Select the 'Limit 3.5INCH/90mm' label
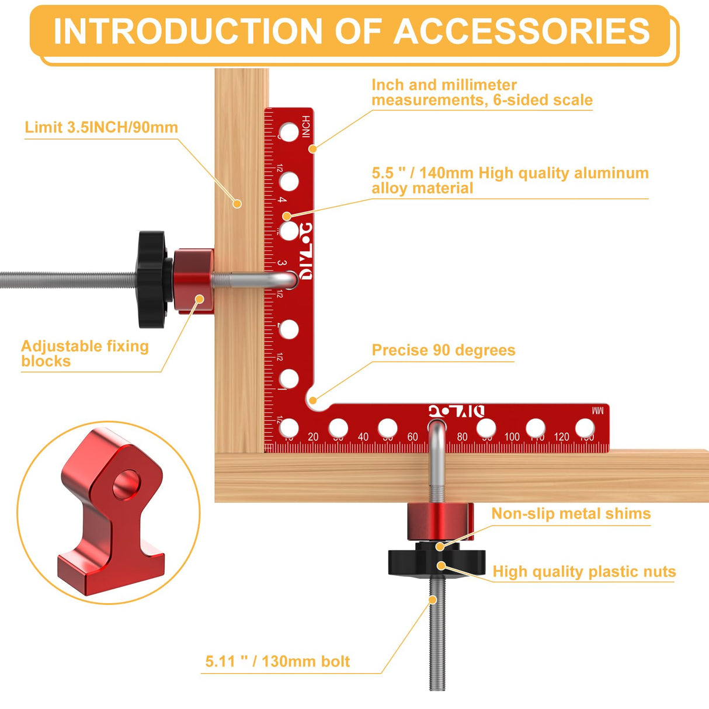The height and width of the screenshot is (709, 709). point(101,128)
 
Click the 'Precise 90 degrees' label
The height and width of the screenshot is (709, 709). point(443,350)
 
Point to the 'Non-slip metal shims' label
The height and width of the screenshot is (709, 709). point(571,514)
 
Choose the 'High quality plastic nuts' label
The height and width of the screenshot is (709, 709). point(584,572)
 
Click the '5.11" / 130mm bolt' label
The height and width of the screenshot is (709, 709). point(277,662)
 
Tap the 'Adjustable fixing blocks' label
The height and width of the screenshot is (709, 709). point(85,353)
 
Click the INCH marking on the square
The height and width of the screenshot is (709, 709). point(306,127)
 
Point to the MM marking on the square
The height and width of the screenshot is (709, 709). point(597,411)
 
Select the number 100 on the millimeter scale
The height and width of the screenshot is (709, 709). point(512,437)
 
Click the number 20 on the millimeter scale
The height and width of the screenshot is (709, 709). point(313,437)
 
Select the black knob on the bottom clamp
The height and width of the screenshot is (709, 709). point(436,561)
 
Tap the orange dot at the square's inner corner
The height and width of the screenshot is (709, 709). point(313,401)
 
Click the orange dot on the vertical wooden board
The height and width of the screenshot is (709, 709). point(237,204)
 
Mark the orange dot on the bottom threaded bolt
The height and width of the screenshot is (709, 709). point(433,600)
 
